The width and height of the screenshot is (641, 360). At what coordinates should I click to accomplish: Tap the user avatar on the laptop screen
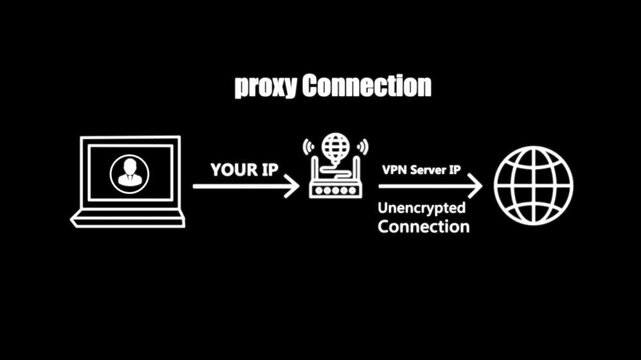click(126, 175)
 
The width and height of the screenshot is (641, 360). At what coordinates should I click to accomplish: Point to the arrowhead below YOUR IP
click(291, 186)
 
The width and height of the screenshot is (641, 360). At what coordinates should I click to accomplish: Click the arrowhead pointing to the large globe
click(477, 186)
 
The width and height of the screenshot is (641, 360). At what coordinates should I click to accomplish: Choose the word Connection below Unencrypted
click(423, 227)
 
